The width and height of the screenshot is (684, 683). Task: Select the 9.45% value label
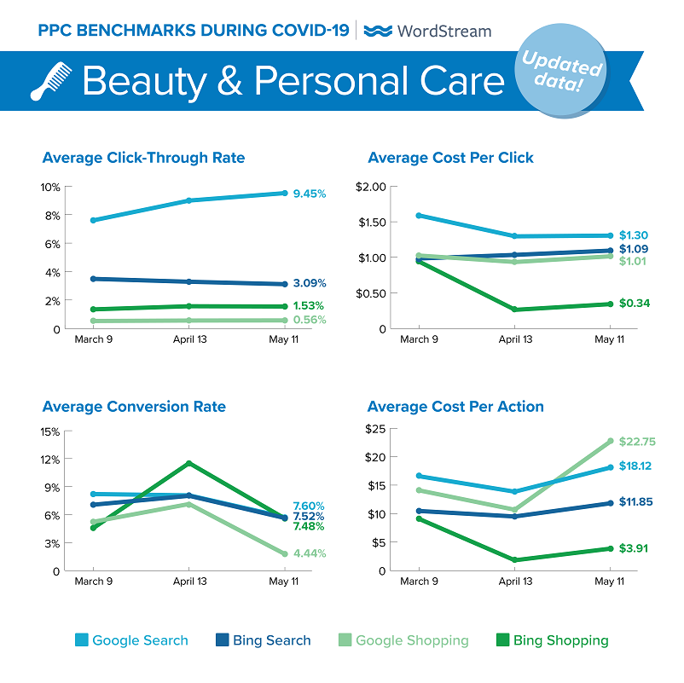[309, 194]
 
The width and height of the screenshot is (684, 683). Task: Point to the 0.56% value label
[309, 320]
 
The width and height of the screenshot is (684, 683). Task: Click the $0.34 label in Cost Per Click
[634, 303]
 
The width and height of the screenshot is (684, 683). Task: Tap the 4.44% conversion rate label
[309, 553]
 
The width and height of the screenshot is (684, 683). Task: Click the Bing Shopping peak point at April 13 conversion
[188, 463]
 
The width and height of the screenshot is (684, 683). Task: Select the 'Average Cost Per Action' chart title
[455, 407]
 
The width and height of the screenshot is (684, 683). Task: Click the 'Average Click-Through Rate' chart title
[143, 158]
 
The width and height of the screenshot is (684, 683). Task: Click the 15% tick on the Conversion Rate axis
[49, 431]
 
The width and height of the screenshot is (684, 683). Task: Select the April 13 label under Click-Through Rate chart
[188, 339]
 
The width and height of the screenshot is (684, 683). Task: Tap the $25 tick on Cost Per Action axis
[377, 428]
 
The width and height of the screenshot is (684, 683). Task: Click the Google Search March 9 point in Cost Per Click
[419, 215]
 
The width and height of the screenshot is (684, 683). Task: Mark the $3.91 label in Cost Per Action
[634, 548]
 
